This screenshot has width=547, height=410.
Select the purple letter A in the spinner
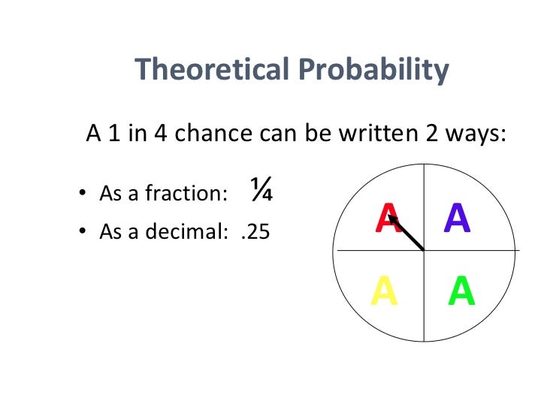coord(457,218)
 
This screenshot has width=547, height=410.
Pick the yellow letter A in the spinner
coord(384,291)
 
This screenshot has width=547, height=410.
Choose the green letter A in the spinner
coord(461,291)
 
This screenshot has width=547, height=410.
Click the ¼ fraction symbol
coord(261,192)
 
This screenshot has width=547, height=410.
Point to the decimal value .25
coord(255,232)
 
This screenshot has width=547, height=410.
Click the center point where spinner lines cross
coord(425,249)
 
